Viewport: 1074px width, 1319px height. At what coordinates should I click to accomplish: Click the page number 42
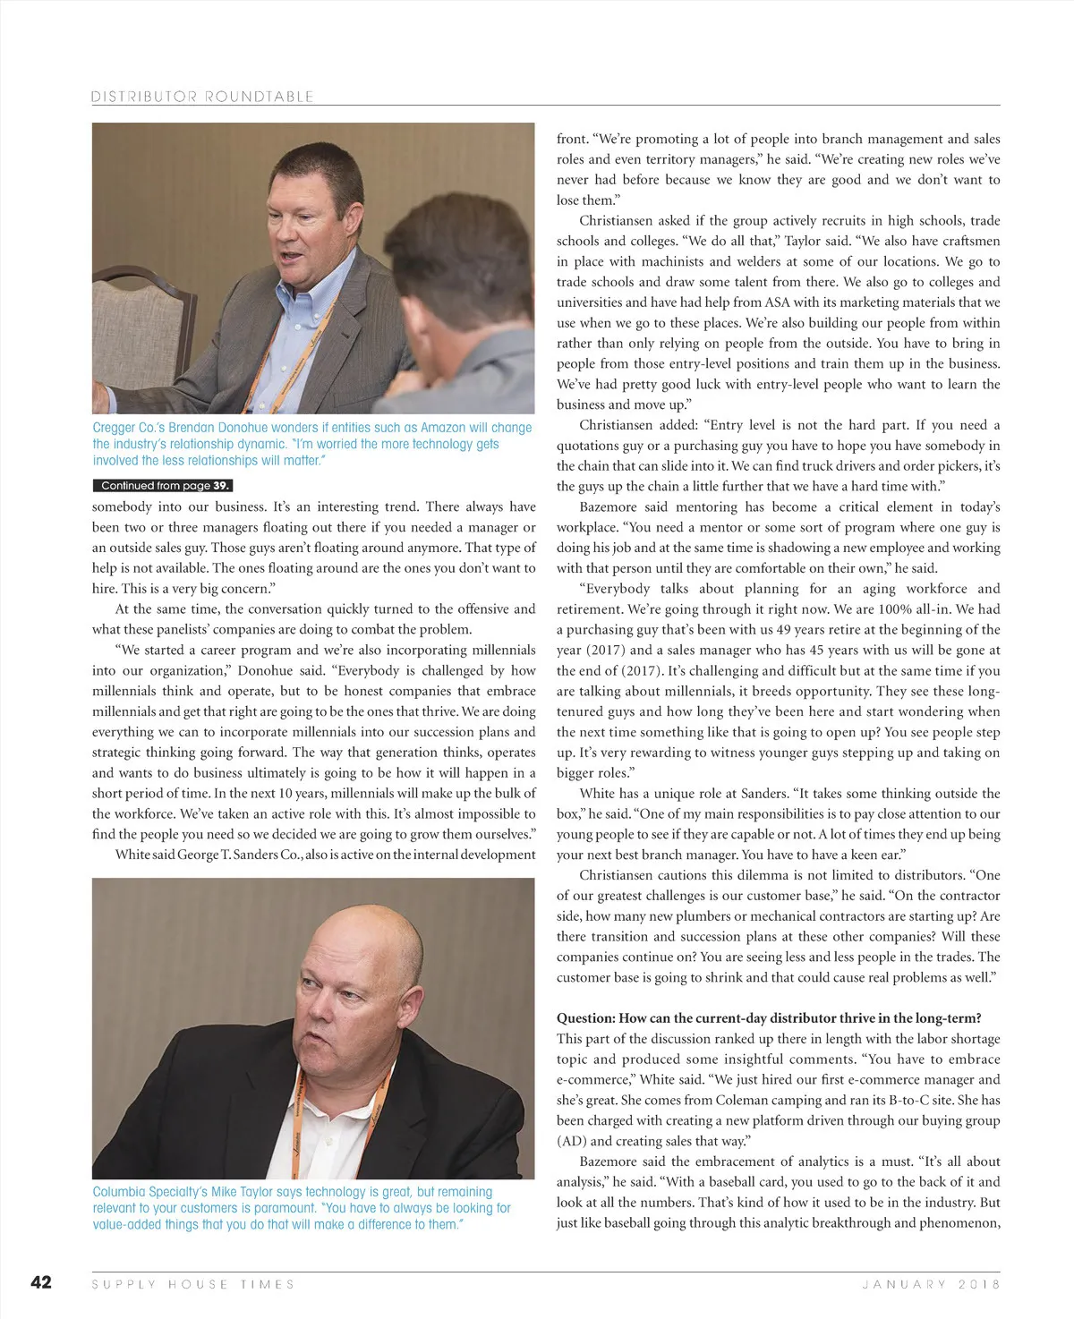pos(41,1282)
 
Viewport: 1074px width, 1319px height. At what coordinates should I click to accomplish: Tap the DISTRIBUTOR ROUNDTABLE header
pos(202,97)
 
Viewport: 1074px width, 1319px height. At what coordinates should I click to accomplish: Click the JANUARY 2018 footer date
pos(931,1284)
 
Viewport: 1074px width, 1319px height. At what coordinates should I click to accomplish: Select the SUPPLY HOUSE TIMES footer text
pos(193,1284)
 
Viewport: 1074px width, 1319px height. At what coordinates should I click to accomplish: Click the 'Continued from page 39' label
pos(163,486)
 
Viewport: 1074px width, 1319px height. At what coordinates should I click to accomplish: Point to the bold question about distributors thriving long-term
pos(769,1018)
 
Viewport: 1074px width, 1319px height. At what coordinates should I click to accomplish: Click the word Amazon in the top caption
pos(443,428)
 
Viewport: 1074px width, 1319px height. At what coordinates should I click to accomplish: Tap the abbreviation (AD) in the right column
pos(571,1141)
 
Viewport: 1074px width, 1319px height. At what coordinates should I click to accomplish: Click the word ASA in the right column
pos(778,302)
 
